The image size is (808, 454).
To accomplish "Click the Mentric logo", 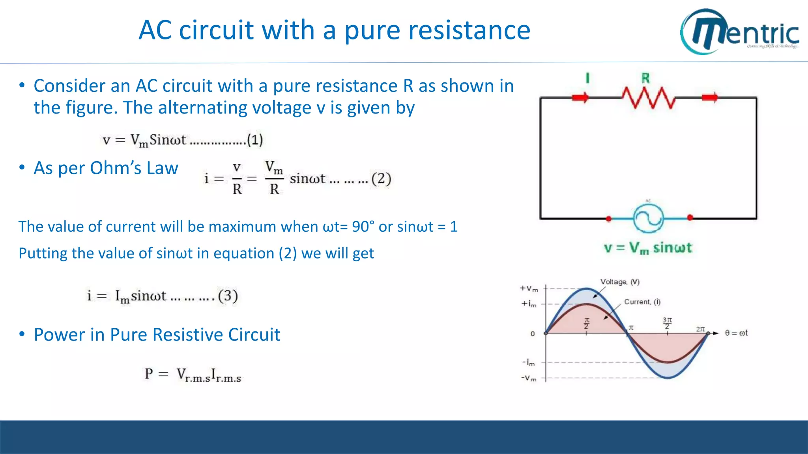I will click(x=740, y=32).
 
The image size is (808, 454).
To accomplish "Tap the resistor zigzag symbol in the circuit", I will click(x=648, y=97).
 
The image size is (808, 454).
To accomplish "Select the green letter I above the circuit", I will click(x=587, y=78).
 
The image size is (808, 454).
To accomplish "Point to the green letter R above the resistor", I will click(x=645, y=78).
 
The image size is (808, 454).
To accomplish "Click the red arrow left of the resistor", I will click(x=580, y=97).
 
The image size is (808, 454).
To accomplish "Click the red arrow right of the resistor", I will click(x=710, y=97).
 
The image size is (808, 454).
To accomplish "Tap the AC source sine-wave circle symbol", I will click(x=648, y=218).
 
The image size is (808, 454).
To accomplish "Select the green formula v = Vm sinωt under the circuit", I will click(x=648, y=248).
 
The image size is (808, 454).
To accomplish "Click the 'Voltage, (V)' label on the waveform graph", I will click(x=620, y=282).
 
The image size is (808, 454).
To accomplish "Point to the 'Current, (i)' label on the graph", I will click(x=642, y=302).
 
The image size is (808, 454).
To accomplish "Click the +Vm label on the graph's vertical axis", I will click(x=529, y=288).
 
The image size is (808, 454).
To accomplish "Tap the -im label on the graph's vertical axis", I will click(x=529, y=362).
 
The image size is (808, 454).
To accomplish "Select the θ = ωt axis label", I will click(x=736, y=333).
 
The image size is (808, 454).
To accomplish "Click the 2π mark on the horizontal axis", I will click(x=700, y=329).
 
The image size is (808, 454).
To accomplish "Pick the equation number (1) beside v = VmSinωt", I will click(x=255, y=140).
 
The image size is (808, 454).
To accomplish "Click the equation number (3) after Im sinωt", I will click(x=228, y=296).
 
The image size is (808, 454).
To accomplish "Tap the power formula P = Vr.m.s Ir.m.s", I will click(x=193, y=374).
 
